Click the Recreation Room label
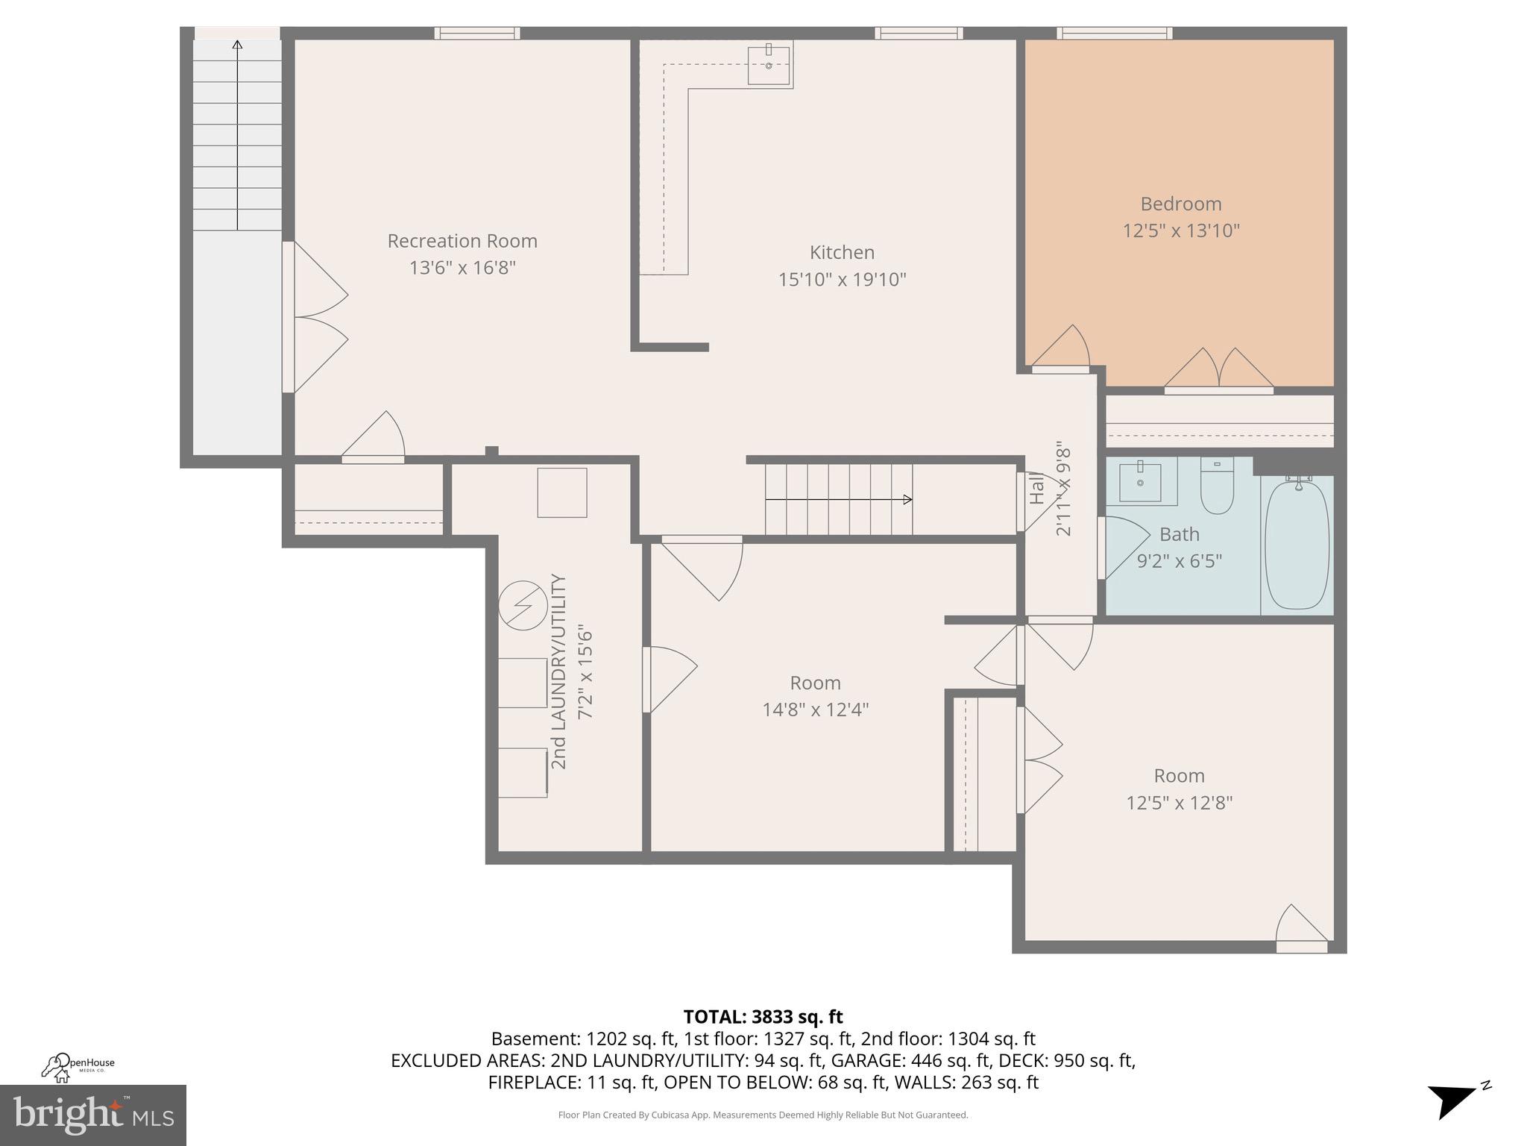(462, 241)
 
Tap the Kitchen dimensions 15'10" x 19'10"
(842, 280)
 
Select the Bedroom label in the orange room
(1180, 204)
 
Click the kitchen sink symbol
(769, 64)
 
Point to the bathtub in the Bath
(1297, 545)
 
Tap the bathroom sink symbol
(1140, 482)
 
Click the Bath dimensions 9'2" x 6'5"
(1179, 561)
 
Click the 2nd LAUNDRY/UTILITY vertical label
(558, 671)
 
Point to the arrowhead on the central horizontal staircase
(907, 499)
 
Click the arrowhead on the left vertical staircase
(237, 45)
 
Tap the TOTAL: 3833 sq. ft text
(763, 1017)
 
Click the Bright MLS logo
(92, 1115)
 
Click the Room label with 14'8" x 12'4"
(815, 683)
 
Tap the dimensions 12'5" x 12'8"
(1179, 803)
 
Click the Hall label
(1037, 491)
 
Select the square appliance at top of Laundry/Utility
(562, 492)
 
